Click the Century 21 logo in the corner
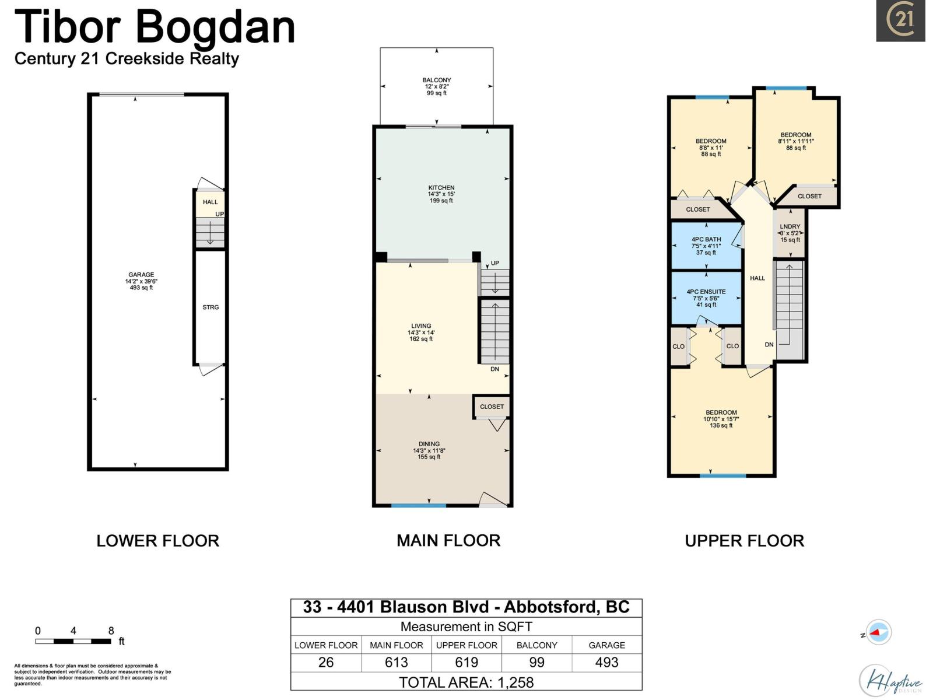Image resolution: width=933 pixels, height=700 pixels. click(900, 21)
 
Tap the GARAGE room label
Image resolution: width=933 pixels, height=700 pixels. click(141, 275)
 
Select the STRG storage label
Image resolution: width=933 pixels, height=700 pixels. click(211, 307)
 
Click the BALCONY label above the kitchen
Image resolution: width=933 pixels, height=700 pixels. click(437, 80)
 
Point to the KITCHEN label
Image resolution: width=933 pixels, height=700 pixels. click(441, 188)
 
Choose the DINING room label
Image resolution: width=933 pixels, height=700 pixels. click(429, 444)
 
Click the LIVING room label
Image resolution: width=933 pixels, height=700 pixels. click(421, 326)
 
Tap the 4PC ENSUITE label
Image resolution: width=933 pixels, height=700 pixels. click(706, 292)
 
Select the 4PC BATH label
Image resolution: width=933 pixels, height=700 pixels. click(706, 239)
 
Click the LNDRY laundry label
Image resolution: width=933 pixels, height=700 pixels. click(790, 226)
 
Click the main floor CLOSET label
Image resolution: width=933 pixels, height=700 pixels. click(492, 407)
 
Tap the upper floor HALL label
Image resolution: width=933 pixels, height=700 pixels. click(757, 278)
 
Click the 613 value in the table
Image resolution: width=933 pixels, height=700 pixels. click(397, 663)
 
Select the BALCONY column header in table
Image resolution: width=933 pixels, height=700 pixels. click(536, 645)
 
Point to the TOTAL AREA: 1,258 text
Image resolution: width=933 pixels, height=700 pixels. click(466, 682)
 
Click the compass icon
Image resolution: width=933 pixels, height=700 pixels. click(878, 632)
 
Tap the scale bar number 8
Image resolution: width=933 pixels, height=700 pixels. click(111, 631)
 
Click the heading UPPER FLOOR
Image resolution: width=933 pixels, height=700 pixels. click(744, 541)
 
